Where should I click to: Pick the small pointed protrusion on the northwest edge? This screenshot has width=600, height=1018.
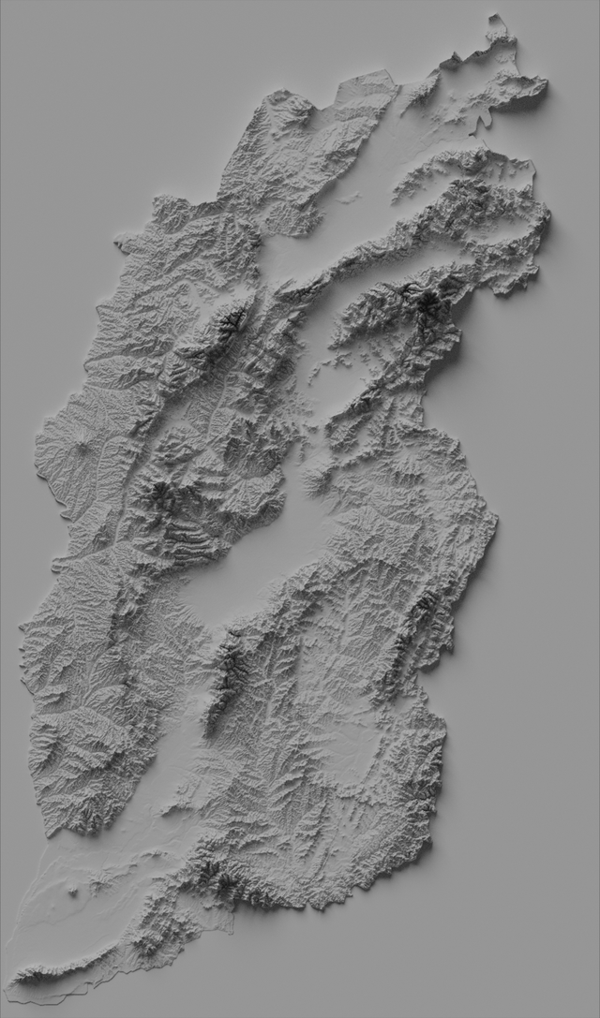[120, 245]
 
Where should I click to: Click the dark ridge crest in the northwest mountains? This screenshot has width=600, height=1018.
[229, 323]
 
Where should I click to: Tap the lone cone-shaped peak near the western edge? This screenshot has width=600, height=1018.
[84, 447]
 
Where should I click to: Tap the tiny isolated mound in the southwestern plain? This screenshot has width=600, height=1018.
[75, 893]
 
